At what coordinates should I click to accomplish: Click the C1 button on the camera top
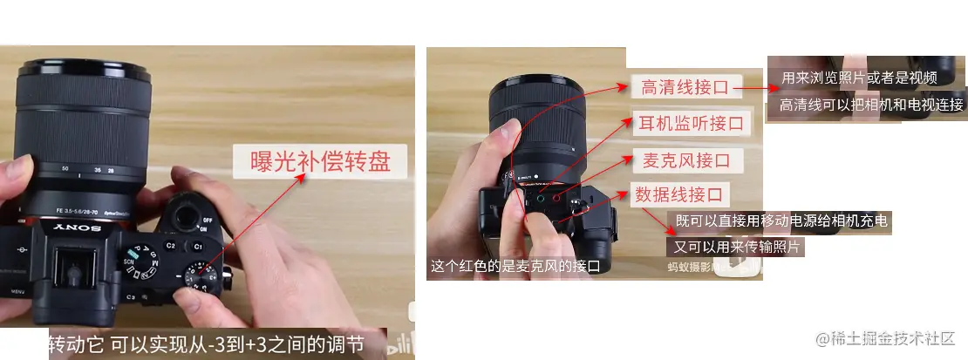(x=197, y=247)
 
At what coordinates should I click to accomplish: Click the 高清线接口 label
(x=681, y=87)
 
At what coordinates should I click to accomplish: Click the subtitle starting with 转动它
(x=204, y=343)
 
